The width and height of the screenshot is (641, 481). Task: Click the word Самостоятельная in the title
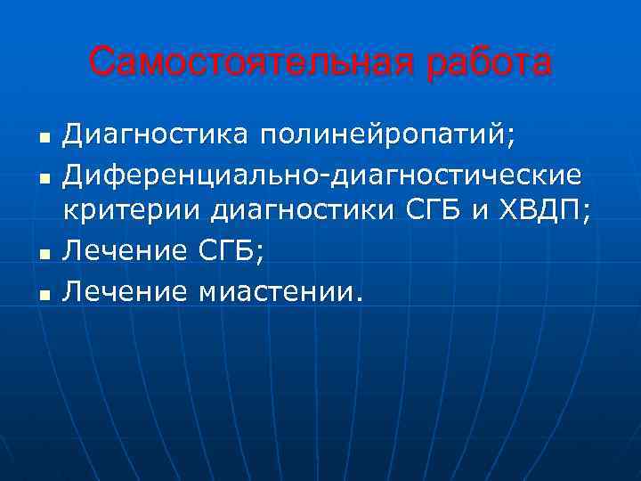[247, 63]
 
